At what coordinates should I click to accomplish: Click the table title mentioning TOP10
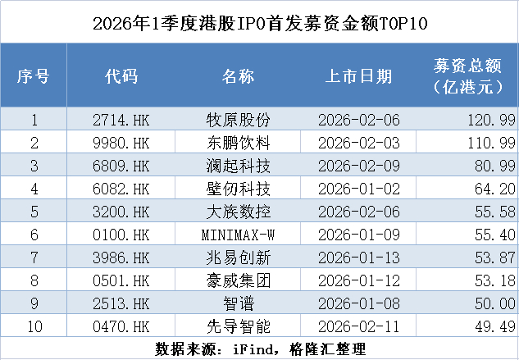coord(260,24)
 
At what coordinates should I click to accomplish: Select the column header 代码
coord(121,76)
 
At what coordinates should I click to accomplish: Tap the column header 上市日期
coord(359,76)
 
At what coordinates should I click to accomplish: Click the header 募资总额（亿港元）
coord(467,76)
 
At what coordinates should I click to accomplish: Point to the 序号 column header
coord(34,76)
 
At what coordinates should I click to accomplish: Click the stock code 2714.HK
coord(121,120)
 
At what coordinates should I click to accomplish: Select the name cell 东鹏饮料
coord(239,143)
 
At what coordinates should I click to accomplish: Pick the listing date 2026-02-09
coord(359,166)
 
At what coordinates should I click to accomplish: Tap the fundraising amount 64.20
coord(495,189)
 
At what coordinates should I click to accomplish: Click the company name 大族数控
coord(239,212)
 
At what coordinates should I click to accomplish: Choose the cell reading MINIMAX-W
coord(238,235)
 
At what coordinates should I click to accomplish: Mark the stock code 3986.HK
coord(121,257)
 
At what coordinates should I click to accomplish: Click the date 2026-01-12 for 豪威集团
coord(359,280)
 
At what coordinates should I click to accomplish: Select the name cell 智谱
coord(239,303)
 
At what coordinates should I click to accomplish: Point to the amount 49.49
coord(495,326)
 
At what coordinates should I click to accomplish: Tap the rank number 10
coord(34,326)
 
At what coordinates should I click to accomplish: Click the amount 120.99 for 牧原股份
coord(491,120)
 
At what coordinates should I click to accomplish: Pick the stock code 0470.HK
coord(121,326)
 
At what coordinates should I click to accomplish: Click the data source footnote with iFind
coord(260,349)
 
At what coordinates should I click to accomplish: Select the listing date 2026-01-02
coord(359,189)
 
